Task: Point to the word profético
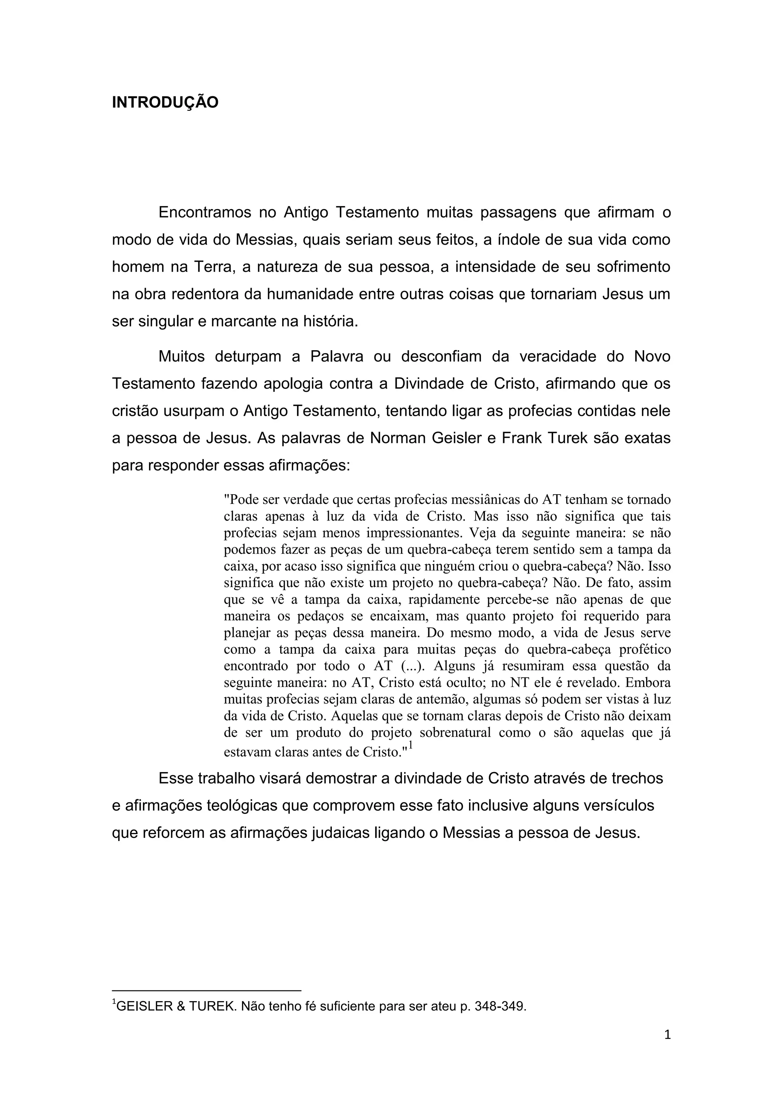(x=645, y=649)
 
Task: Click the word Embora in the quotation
(x=650, y=683)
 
